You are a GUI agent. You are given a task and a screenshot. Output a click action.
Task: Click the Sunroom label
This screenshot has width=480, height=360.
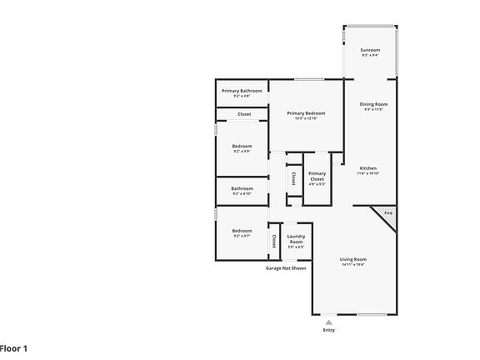pyautogui.click(x=370, y=51)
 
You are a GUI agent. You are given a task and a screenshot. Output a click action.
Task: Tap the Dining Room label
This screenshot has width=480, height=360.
pyautogui.click(x=373, y=105)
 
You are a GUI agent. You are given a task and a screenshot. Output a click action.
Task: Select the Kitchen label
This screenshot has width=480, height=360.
pyautogui.click(x=368, y=169)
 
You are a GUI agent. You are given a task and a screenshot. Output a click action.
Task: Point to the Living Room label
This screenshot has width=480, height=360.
pyautogui.click(x=352, y=260)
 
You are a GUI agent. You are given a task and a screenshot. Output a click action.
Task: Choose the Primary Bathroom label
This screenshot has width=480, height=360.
pyautogui.click(x=242, y=92)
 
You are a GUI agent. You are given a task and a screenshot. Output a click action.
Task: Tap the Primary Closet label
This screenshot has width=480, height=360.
pyautogui.click(x=317, y=176)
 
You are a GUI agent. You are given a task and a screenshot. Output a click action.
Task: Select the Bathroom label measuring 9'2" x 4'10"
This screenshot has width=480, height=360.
pyautogui.click(x=242, y=189)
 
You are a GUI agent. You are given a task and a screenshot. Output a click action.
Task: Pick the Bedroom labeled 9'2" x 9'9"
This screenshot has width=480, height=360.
pyautogui.click(x=242, y=147)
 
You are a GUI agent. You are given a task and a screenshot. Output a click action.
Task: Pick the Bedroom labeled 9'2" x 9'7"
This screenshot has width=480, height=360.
pyautogui.click(x=242, y=232)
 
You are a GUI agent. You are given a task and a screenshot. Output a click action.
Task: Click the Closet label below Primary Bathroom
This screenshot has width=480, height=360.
pyautogui.click(x=244, y=114)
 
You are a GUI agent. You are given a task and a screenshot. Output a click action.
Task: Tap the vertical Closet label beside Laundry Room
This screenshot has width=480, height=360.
pyautogui.click(x=273, y=240)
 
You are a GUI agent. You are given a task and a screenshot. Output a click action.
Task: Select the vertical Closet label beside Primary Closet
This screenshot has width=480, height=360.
pyautogui.click(x=293, y=177)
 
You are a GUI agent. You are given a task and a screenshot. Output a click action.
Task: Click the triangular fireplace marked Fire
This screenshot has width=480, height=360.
pyautogui.click(x=386, y=214)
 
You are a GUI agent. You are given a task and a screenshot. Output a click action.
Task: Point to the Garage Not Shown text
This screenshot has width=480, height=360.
pyautogui.click(x=286, y=268)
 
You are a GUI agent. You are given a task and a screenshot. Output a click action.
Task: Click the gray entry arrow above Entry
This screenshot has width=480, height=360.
pyautogui.click(x=328, y=321)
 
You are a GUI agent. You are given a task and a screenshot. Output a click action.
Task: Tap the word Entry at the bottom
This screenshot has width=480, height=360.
pyautogui.click(x=328, y=330)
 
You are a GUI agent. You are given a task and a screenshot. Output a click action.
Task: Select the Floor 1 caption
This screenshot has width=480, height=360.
pyautogui.click(x=13, y=347)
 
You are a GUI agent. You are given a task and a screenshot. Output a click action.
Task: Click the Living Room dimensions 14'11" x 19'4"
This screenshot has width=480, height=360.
pyautogui.click(x=352, y=264)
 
